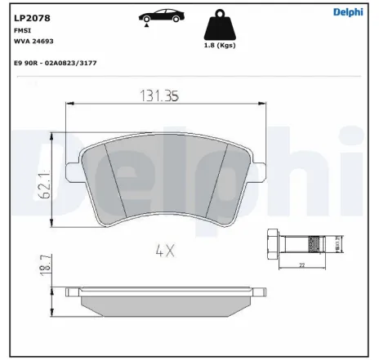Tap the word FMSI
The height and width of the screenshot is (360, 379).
23,29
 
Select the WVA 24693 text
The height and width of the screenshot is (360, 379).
33,40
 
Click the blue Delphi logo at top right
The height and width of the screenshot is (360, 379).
350,12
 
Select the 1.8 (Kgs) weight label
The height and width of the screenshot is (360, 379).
218,47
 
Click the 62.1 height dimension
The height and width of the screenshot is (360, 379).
47,181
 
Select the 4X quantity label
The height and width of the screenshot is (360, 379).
164,251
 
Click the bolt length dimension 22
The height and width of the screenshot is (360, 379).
301,265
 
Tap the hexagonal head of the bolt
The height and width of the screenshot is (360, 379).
272,242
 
